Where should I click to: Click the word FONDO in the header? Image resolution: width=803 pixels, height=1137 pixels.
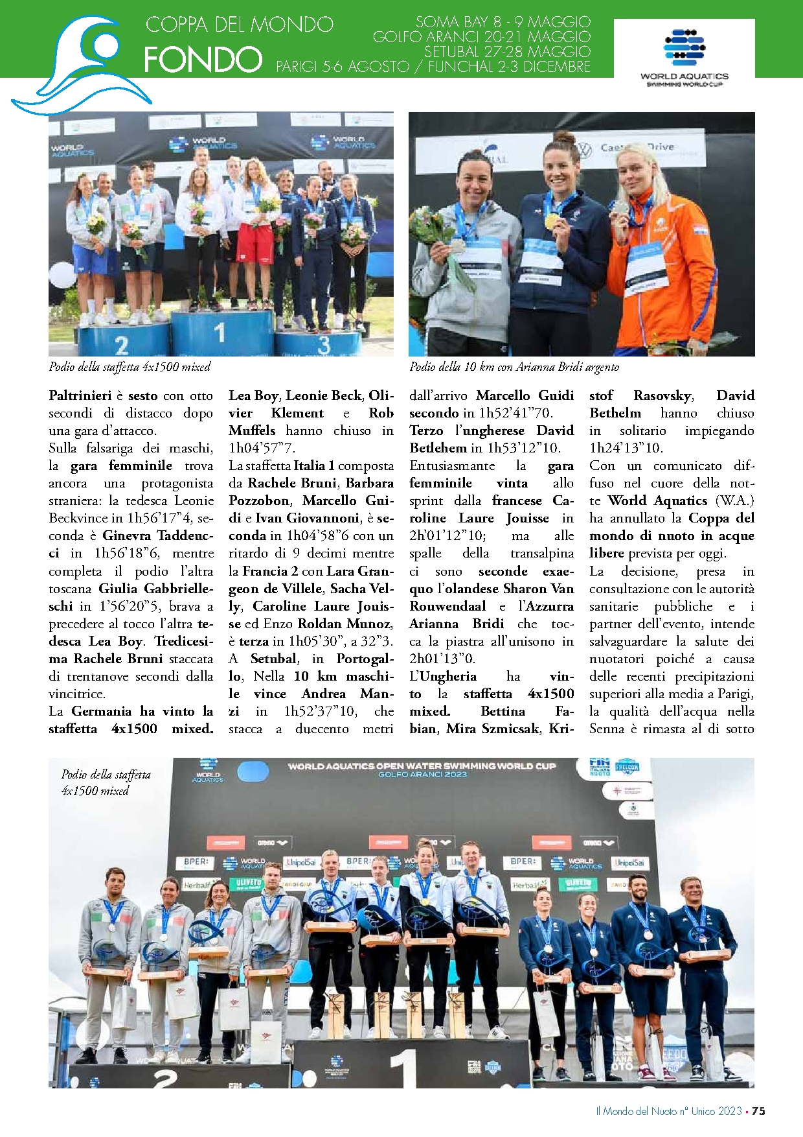click(x=203, y=60)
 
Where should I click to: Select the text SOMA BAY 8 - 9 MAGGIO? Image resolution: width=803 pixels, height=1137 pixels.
click(x=503, y=22)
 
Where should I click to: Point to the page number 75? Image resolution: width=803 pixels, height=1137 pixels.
click(x=758, y=1110)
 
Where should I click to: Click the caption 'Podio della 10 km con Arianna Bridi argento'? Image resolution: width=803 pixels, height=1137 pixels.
click(x=514, y=367)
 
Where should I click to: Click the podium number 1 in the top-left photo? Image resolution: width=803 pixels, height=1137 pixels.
click(x=220, y=333)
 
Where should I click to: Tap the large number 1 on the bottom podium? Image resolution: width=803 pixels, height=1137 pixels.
click(x=403, y=1068)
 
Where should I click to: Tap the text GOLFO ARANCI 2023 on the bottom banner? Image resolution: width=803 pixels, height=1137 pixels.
click(x=422, y=775)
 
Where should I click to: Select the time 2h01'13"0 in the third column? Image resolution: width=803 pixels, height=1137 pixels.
click(x=442, y=659)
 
